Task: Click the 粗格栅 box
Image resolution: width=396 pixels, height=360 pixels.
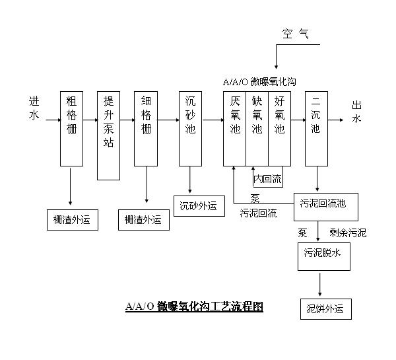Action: tap(71, 127)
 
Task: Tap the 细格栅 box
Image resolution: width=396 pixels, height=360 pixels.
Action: tap(146, 127)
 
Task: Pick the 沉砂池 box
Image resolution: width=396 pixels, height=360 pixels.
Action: tap(190, 127)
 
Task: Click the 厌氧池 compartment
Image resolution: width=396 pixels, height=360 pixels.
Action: tap(234, 127)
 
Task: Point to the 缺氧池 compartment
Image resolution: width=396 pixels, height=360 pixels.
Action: tap(257, 127)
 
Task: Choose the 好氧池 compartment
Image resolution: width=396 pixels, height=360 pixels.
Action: tap(279, 127)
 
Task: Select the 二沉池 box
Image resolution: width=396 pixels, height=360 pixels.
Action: tap(316, 127)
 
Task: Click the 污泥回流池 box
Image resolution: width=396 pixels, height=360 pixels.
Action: tap(322, 203)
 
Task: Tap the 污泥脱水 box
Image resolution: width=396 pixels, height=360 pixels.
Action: tap(322, 254)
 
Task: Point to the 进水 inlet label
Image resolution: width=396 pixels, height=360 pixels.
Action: tap(34, 108)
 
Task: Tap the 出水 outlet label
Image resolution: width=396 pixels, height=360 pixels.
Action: tap(356, 112)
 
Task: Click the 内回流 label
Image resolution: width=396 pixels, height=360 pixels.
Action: tap(267, 178)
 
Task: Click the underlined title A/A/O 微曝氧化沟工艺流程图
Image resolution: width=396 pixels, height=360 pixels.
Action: tap(194, 306)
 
